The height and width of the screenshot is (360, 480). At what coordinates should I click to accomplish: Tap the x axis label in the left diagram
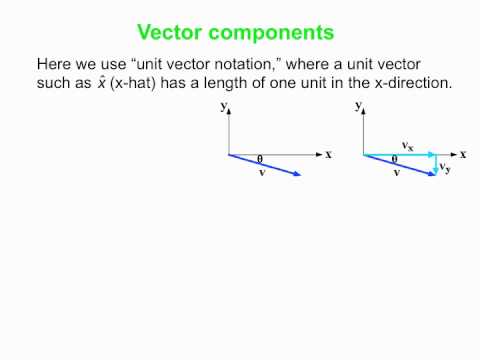click(328, 154)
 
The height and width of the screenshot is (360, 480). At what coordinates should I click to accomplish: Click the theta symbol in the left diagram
click(260, 159)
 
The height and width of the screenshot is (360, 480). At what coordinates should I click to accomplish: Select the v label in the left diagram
click(262, 172)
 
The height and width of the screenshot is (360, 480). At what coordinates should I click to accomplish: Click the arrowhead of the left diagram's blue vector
click(296, 175)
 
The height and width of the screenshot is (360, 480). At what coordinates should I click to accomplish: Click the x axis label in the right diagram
click(462, 154)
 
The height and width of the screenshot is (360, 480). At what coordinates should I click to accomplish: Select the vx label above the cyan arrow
click(407, 146)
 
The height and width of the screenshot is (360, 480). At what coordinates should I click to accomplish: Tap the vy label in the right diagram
click(445, 168)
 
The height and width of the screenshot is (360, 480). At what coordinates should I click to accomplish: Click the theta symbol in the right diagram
click(394, 159)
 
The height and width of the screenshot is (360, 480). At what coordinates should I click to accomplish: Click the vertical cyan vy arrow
click(433, 165)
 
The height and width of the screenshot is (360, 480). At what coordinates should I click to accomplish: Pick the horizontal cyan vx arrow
click(398, 154)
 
